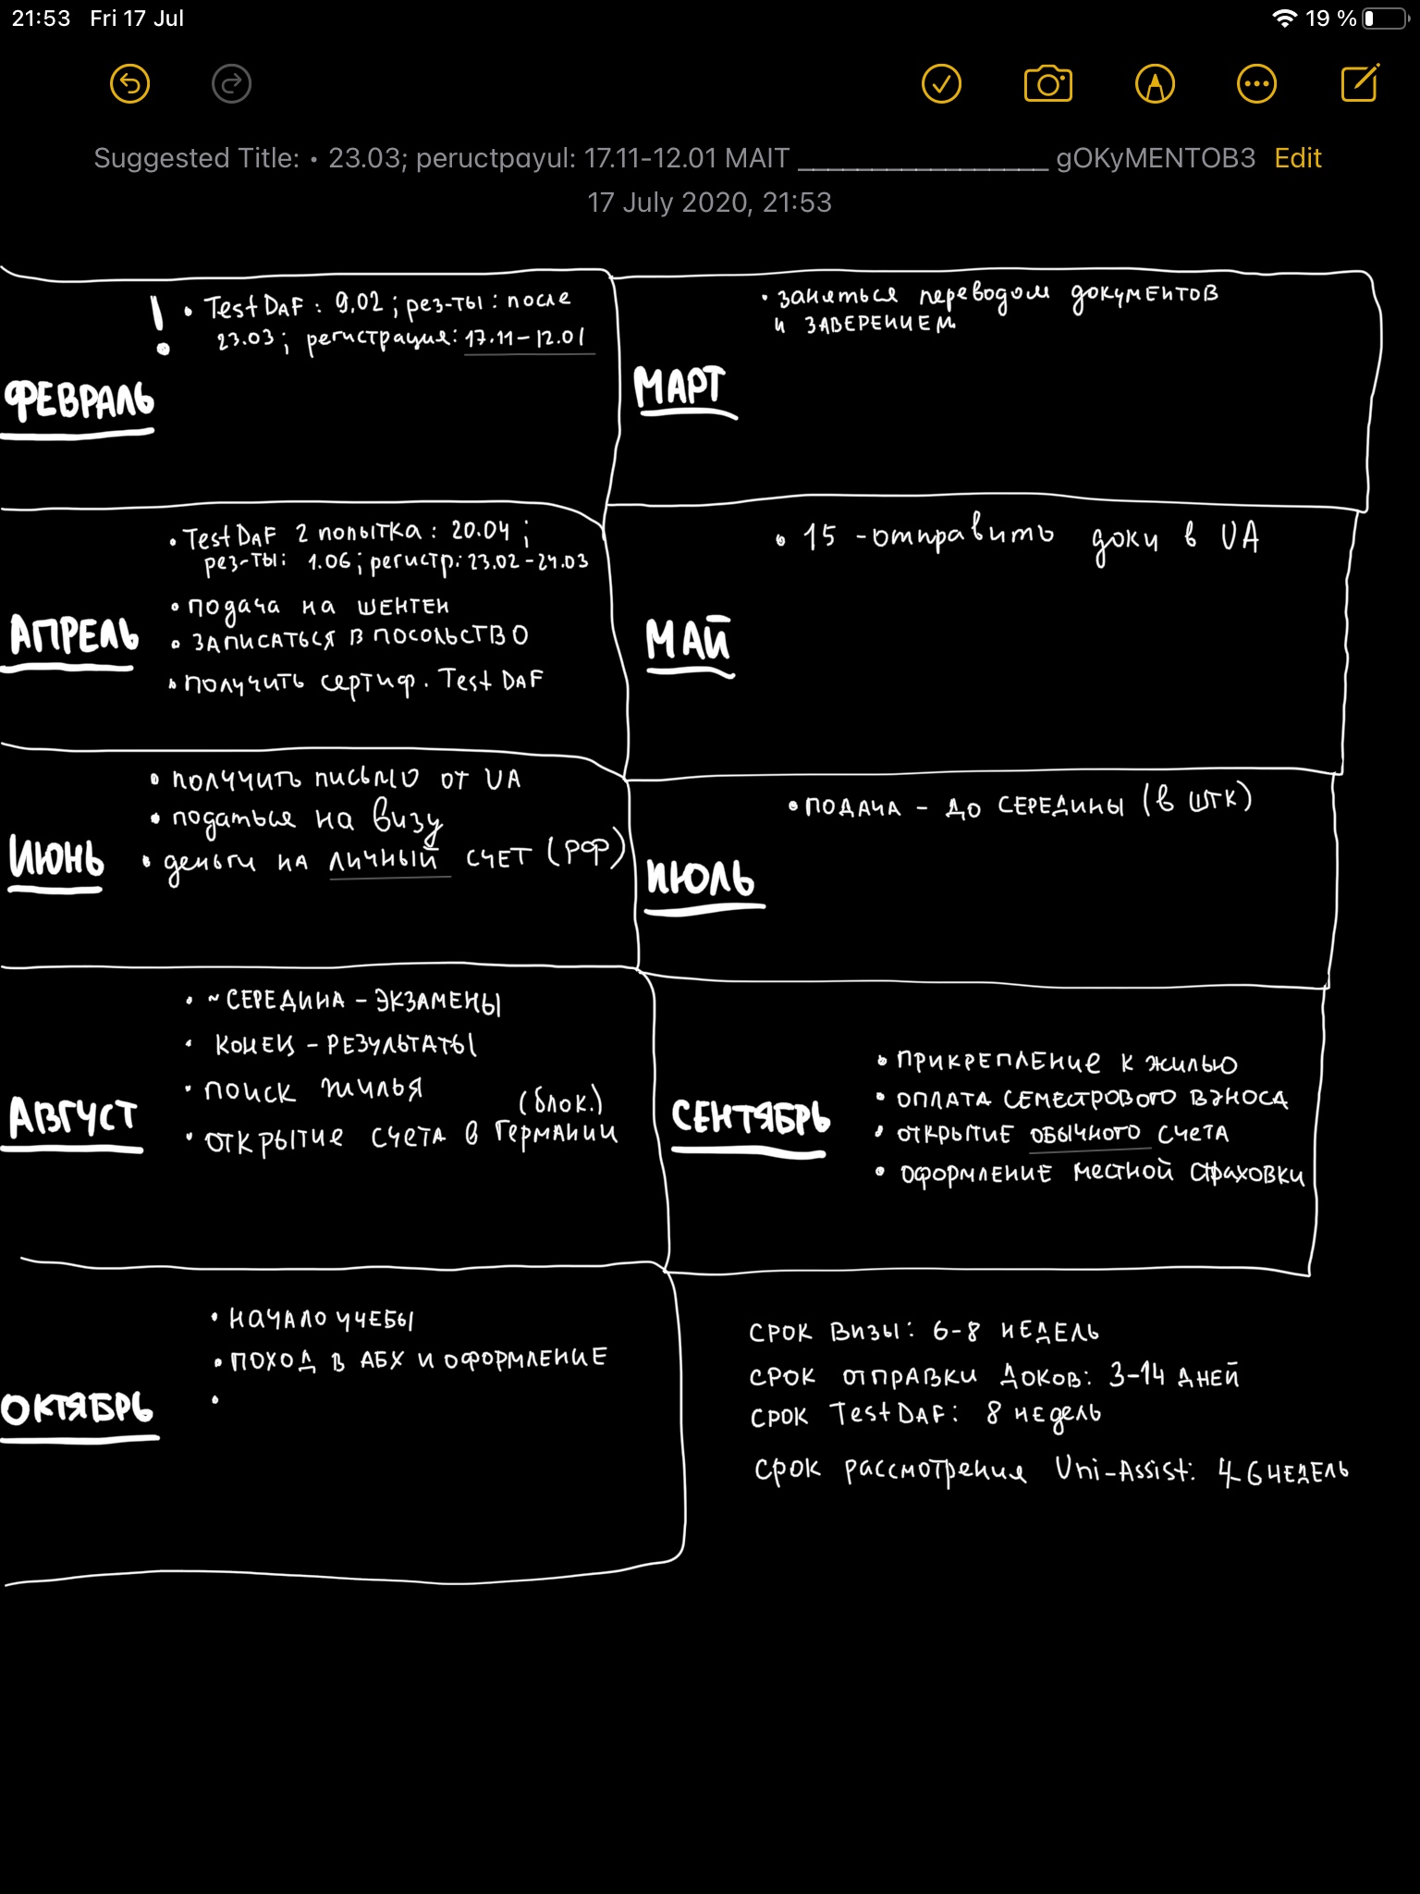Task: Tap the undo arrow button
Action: click(x=129, y=84)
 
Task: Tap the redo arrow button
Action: click(x=231, y=84)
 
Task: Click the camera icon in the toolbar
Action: click(x=1047, y=84)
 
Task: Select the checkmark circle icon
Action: click(x=941, y=84)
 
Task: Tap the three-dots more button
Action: click(x=1256, y=84)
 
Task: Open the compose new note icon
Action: click(x=1360, y=83)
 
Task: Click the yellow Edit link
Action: click(x=1297, y=158)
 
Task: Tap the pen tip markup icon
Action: click(x=1155, y=84)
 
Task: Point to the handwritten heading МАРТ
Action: click(x=679, y=387)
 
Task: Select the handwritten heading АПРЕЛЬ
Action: click(x=74, y=635)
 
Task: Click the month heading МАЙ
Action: click(x=688, y=640)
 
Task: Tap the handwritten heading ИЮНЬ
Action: click(x=56, y=857)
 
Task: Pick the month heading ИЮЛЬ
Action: click(x=700, y=878)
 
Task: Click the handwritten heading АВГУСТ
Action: click(x=72, y=1117)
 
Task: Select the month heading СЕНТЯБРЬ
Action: click(x=750, y=1117)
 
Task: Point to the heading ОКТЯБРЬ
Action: click(x=78, y=1408)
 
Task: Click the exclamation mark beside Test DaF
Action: click(x=160, y=326)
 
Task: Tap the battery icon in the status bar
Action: click(x=1384, y=18)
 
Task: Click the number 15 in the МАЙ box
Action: click(x=819, y=536)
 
